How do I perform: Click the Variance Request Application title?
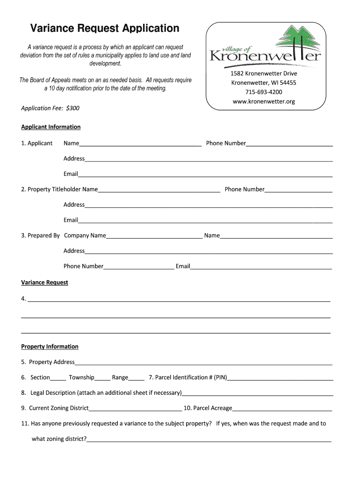105,29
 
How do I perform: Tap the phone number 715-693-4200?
264,92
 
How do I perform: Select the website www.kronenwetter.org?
264,102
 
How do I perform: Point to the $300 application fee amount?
73,108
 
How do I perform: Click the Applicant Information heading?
51,127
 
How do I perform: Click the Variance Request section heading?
45,283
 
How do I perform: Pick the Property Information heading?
50,347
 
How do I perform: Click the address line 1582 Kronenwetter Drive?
264,73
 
